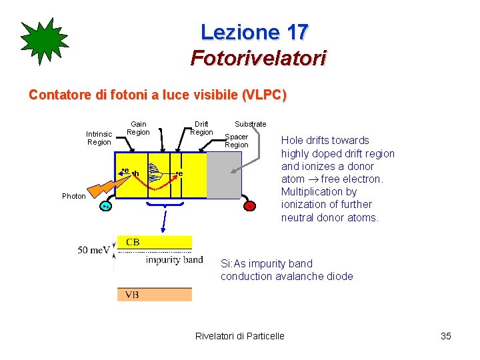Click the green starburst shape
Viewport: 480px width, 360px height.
point(45,41)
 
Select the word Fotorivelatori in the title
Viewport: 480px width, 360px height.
point(258,59)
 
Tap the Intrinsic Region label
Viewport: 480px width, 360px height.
point(99,138)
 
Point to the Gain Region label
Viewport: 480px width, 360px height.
point(139,128)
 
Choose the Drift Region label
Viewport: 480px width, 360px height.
point(201,128)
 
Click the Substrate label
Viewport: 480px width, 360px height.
point(250,124)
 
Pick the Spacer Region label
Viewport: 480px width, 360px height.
point(237,141)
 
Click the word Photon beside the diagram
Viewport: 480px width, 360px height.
point(74,196)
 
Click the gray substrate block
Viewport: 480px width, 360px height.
point(224,175)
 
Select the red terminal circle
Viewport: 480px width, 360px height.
point(249,206)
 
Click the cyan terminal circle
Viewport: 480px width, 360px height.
point(105,207)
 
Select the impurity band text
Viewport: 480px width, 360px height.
point(174,260)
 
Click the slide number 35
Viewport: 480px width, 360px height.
point(446,336)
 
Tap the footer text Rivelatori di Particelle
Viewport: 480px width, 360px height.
point(239,336)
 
